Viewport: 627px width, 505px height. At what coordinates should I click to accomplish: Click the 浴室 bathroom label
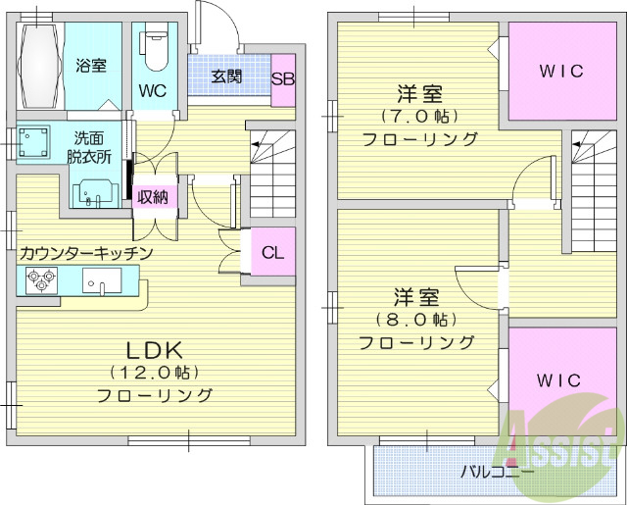[x=91, y=66]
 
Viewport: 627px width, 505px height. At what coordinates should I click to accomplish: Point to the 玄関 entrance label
[x=226, y=76]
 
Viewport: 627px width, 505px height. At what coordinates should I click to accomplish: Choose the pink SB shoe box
[x=283, y=78]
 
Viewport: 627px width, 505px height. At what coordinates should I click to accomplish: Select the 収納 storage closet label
[x=153, y=196]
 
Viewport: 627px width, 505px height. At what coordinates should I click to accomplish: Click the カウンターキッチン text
[x=86, y=253]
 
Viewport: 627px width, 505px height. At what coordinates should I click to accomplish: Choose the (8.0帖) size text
[x=416, y=320]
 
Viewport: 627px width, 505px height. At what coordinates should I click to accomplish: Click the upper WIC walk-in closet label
[x=560, y=72]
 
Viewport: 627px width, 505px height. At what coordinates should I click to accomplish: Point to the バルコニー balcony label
[x=497, y=471]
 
